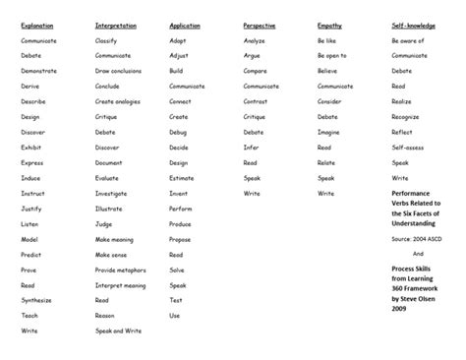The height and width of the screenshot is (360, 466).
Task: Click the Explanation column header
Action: [x=37, y=25]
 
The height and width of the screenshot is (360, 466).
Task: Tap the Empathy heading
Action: [x=329, y=25]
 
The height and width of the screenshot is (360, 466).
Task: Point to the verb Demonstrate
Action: [x=39, y=71]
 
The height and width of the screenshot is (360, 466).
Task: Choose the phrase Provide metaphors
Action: [x=120, y=270]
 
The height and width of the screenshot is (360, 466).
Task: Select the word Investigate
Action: [x=111, y=193]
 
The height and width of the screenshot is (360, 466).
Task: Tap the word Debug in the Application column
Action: [x=178, y=132]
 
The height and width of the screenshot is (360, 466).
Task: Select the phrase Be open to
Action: [x=331, y=56]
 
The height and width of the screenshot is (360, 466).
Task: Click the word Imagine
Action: [x=328, y=132]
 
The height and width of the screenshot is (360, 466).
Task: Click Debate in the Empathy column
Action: [x=327, y=117]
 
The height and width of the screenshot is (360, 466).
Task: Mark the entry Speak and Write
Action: [x=118, y=330]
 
